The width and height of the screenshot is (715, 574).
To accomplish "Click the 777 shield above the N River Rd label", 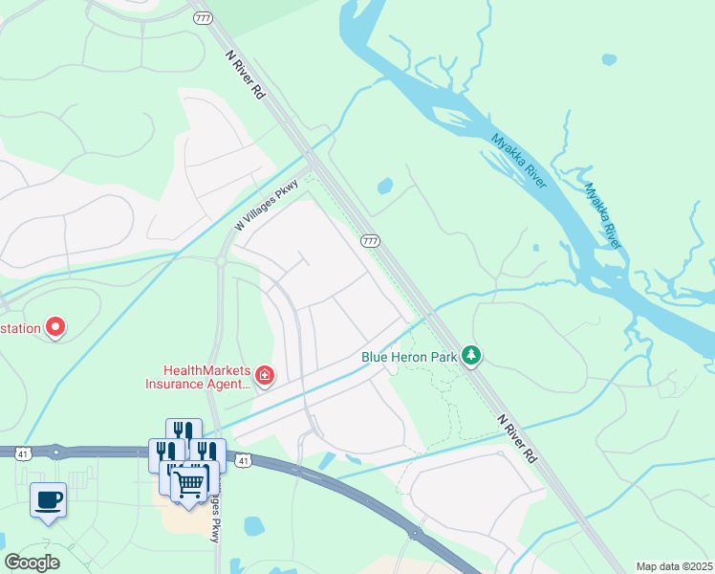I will (x=203, y=18).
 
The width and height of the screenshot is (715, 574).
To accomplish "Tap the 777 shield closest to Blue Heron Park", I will (x=370, y=241).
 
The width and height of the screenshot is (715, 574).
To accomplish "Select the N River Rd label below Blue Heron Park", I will (x=516, y=439).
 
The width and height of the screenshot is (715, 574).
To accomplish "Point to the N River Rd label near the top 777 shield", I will (x=245, y=75).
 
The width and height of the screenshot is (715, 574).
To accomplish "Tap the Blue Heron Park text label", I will (x=408, y=357).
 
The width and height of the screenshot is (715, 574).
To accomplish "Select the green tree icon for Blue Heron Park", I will (x=470, y=356).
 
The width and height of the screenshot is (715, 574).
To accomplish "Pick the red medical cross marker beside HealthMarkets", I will (x=265, y=376).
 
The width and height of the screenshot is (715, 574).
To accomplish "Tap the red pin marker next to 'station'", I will (x=55, y=327).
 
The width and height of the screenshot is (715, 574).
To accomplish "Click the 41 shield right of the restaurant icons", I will (x=245, y=461).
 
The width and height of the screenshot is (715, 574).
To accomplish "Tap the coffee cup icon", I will (x=48, y=498).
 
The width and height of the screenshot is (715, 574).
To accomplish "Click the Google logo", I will (x=32, y=563).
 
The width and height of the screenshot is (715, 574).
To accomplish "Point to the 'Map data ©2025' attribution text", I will (x=673, y=566).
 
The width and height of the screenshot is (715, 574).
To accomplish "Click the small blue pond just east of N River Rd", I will (x=385, y=187).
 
